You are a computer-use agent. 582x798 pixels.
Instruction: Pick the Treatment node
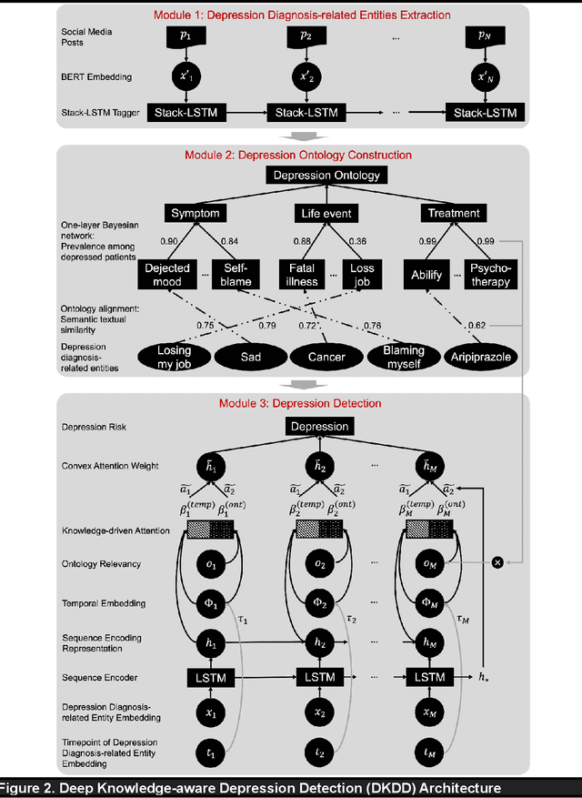point(454,213)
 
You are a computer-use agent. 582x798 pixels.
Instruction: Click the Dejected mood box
point(168,274)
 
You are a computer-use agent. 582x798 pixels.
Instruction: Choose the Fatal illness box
point(302,274)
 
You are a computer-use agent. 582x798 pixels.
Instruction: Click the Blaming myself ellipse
point(403,357)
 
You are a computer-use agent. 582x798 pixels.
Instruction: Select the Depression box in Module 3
point(319,426)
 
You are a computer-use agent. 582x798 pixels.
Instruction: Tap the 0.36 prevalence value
point(357,241)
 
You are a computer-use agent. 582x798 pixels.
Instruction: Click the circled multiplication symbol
point(497,563)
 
